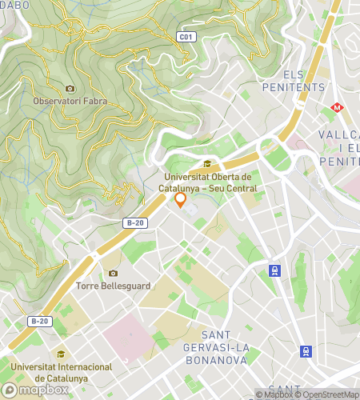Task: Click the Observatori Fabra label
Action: (70, 102)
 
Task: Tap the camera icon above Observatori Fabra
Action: (70, 88)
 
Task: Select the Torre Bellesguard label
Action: (112, 285)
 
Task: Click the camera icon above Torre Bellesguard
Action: (112, 273)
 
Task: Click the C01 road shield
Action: (186, 37)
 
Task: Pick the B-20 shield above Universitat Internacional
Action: (38, 321)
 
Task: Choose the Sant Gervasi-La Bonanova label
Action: (238, 339)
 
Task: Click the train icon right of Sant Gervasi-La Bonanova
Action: (305, 350)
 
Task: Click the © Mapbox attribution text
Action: (274, 394)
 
